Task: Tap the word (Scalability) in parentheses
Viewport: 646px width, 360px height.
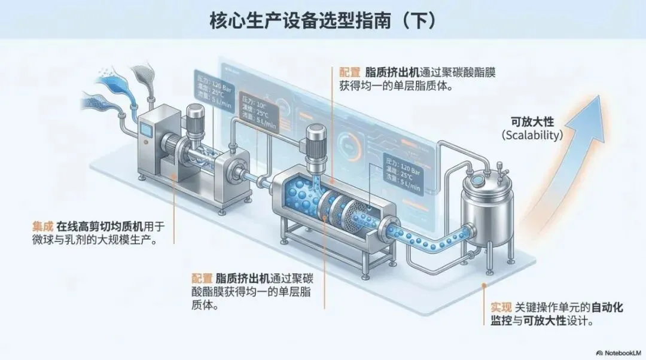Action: pos(532,135)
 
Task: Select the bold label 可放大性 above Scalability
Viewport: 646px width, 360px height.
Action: pos(532,119)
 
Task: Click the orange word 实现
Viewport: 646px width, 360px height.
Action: pos(501,307)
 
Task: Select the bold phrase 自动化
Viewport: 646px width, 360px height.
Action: pos(607,307)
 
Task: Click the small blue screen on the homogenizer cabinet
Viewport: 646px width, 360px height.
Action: pos(145,130)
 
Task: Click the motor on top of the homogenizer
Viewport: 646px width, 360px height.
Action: pos(196,117)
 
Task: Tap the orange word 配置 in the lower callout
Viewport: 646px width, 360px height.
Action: pos(202,278)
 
